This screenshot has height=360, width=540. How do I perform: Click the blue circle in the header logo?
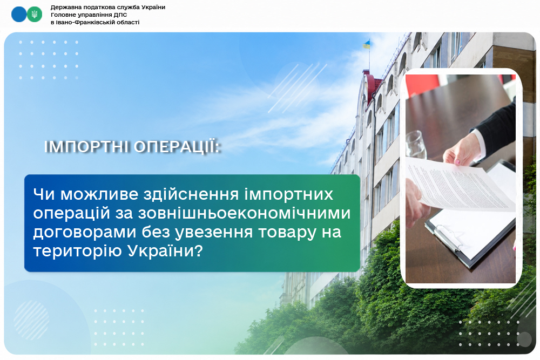click(18, 15)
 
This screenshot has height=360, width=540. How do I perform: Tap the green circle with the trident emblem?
click(35, 15)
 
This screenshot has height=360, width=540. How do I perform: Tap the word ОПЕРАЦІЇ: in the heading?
click(177, 147)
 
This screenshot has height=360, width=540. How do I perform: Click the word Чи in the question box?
click(44, 194)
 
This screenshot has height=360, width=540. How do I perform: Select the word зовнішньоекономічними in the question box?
click(244, 213)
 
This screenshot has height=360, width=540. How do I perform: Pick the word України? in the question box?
click(165, 251)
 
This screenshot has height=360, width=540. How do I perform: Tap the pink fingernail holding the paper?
click(457, 162)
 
